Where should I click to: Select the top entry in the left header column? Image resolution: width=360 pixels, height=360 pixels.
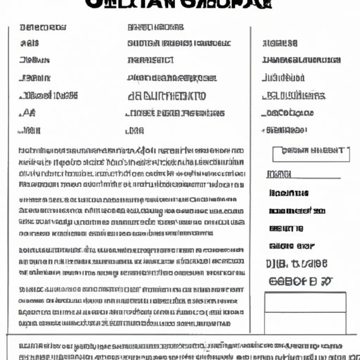point(44,28)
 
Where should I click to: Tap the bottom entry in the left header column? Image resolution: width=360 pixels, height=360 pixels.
point(29,130)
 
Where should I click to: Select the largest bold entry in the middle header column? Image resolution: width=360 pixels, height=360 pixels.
point(167,96)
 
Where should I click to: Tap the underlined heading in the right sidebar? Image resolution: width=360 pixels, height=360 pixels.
point(280,173)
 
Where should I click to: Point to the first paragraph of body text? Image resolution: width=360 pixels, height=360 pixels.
point(131,167)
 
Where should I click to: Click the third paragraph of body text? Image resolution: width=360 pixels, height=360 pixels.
point(131,261)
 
